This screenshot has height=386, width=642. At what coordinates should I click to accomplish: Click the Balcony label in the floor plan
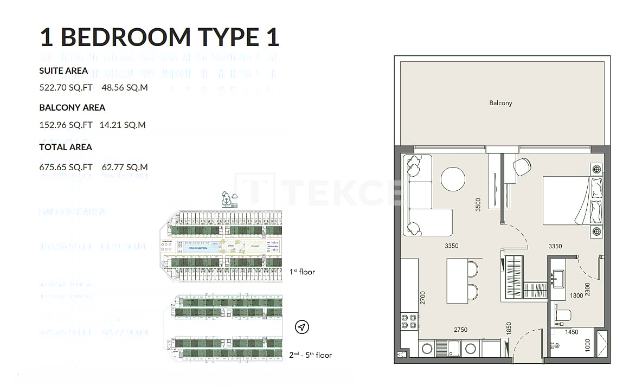500,102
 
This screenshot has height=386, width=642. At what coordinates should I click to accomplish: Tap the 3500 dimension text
478,204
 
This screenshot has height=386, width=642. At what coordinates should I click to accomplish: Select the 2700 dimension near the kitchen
423,298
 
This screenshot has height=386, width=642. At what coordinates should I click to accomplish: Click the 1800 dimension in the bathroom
576,296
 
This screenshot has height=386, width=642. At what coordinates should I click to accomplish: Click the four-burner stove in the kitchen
410,320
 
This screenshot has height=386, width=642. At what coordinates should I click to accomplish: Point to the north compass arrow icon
302,327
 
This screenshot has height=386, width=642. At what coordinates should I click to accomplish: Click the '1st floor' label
302,272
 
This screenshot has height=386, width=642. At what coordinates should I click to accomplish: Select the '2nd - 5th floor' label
310,355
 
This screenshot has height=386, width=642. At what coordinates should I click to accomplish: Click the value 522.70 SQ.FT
66,87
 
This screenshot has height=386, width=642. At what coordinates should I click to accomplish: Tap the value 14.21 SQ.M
123,125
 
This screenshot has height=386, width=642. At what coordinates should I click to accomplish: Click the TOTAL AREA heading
66,147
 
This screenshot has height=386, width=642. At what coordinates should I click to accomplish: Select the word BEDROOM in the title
125,37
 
